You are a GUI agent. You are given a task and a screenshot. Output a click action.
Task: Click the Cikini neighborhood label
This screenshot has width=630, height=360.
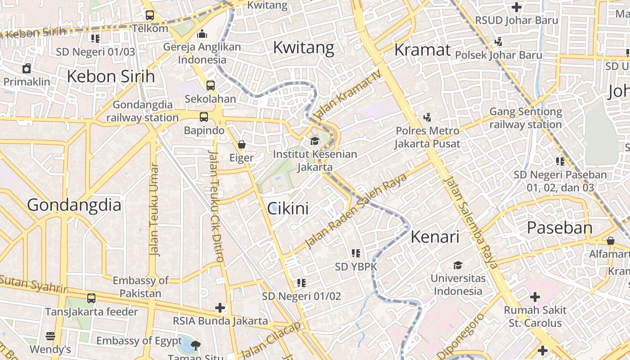(x=288, y=208)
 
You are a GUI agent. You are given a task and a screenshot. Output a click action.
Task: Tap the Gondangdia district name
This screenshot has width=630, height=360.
(x=74, y=205)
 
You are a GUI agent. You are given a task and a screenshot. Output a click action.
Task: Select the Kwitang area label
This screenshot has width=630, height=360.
(x=304, y=47)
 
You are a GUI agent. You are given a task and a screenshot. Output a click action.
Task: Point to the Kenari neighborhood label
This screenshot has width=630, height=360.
(x=435, y=237)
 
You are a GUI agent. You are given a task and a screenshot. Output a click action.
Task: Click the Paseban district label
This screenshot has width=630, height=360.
(x=560, y=228)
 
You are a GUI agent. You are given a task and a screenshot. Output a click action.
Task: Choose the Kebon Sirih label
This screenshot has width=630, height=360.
(x=111, y=76)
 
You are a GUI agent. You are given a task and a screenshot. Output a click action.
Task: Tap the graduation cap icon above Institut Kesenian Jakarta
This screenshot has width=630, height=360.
(x=315, y=141)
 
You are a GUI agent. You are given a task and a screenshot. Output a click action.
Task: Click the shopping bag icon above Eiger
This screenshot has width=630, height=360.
(x=242, y=144)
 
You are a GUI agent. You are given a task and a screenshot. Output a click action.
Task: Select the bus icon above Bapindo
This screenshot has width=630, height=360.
(x=204, y=117)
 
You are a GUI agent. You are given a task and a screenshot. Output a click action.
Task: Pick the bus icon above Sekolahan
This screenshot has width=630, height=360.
(x=210, y=85)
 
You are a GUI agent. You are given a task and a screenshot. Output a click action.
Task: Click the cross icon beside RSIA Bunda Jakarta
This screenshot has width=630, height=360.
(x=220, y=308)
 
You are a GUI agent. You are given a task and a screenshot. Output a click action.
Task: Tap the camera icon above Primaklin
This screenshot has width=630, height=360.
(x=27, y=68)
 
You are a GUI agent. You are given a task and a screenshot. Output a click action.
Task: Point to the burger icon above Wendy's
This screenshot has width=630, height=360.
(x=50, y=336)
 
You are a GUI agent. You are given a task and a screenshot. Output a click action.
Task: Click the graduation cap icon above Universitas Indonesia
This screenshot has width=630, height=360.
(x=458, y=265)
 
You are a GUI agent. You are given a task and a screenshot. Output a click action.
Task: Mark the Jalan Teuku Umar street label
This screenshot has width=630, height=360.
(x=154, y=210)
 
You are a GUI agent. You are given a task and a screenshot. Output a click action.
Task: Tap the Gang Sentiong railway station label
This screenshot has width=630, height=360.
(x=526, y=118)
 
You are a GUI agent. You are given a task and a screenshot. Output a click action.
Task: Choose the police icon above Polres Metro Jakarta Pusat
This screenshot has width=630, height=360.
(x=427, y=117)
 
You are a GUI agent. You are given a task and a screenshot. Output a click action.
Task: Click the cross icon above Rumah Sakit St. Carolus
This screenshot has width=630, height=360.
(x=535, y=297)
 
